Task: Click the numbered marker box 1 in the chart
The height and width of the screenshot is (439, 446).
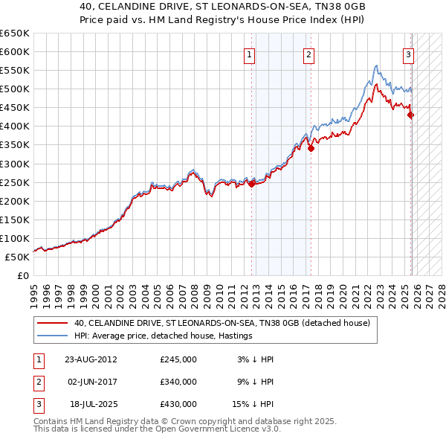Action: (x=249, y=54)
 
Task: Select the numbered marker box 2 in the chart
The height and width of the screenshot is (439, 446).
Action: (x=308, y=54)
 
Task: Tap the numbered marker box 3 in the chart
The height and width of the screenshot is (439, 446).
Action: (x=408, y=54)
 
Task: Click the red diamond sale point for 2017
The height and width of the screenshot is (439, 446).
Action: (x=311, y=148)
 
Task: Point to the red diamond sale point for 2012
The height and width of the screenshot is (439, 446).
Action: (x=251, y=184)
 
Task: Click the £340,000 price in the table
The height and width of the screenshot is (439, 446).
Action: (x=178, y=382)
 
